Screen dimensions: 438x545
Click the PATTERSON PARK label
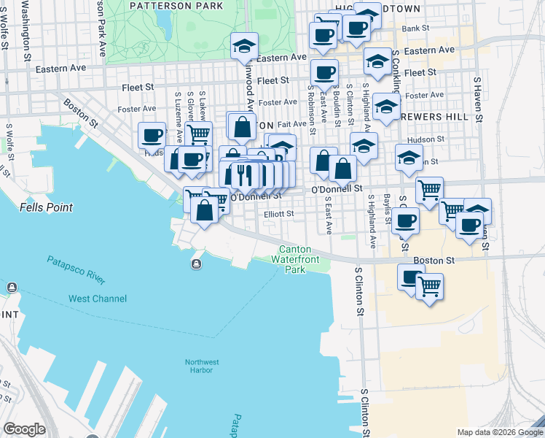pyautogui.click(x=176, y=6)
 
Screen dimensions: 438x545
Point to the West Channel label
pyautogui.click(x=98, y=299)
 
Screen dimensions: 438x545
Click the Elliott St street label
pyautogui.click(x=278, y=214)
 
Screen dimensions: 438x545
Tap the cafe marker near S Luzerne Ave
pyautogui.click(x=152, y=136)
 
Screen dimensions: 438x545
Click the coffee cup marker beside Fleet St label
pyautogui.click(x=324, y=73)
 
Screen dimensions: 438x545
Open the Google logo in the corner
pyautogui.click(x=24, y=429)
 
